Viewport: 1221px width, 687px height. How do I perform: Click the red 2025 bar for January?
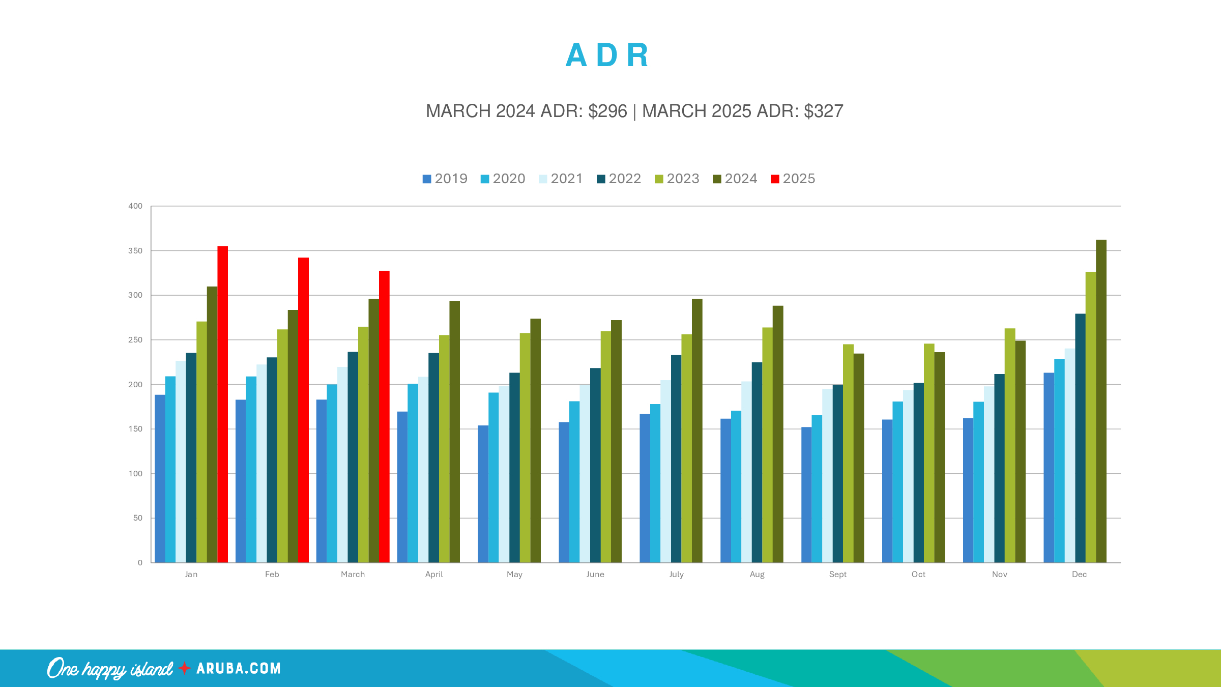pyautogui.click(x=222, y=405)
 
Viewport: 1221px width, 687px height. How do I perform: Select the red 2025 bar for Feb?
pyautogui.click(x=303, y=410)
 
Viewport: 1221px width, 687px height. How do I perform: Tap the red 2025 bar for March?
pyautogui.click(x=384, y=417)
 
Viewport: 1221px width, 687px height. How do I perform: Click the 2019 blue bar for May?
pyautogui.click(x=483, y=494)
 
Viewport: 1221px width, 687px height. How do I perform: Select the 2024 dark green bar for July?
pyautogui.click(x=697, y=431)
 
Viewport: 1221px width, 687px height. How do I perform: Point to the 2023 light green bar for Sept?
pyautogui.click(x=848, y=453)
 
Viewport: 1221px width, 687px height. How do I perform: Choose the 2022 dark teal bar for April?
pyautogui.click(x=433, y=458)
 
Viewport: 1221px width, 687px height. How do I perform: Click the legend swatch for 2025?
pyautogui.click(x=775, y=179)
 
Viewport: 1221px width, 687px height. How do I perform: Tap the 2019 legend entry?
pyautogui.click(x=445, y=179)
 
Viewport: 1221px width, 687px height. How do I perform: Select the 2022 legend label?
pyautogui.click(x=625, y=179)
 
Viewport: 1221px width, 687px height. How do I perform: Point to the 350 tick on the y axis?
pyautogui.click(x=135, y=251)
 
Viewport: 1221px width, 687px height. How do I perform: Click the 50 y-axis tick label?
pyautogui.click(x=138, y=518)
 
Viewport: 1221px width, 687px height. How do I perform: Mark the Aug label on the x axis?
pyautogui.click(x=757, y=575)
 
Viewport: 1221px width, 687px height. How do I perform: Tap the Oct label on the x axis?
pyautogui.click(x=918, y=575)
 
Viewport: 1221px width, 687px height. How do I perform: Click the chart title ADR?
pyautogui.click(x=607, y=55)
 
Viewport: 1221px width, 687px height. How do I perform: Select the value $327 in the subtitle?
pyautogui.click(x=823, y=111)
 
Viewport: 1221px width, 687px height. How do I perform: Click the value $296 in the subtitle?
pyautogui.click(x=607, y=111)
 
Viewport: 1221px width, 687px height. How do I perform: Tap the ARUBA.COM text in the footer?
pyautogui.click(x=239, y=668)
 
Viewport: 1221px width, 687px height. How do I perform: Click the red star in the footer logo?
pyautogui.click(x=184, y=668)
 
